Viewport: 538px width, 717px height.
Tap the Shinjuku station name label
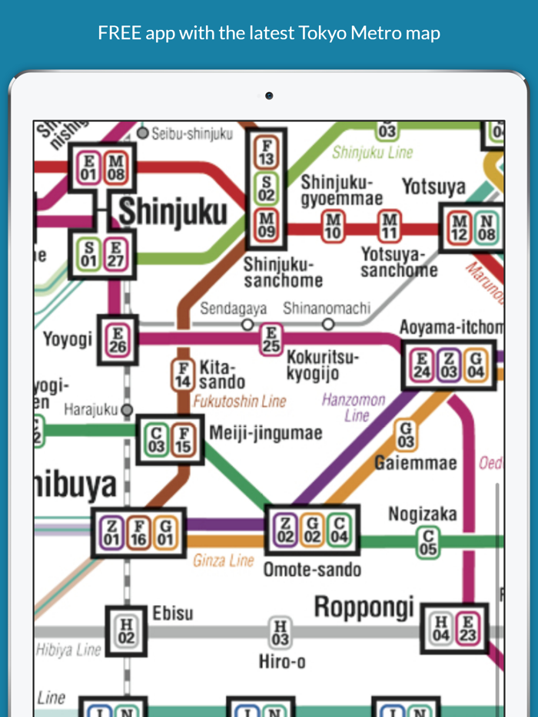pyautogui.click(x=172, y=212)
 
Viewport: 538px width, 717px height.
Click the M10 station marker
pyautogui.click(x=334, y=227)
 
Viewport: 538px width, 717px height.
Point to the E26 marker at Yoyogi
pyautogui.click(x=118, y=340)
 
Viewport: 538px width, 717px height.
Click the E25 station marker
pyautogui.click(x=270, y=338)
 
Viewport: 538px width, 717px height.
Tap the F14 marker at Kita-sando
pyautogui.click(x=182, y=375)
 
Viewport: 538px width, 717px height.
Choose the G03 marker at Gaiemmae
pyautogui.click(x=406, y=435)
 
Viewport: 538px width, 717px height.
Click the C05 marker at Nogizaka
pyautogui.click(x=428, y=542)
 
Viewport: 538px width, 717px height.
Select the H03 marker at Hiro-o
pyautogui.click(x=281, y=633)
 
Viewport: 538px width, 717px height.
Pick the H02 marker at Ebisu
pyautogui.click(x=126, y=631)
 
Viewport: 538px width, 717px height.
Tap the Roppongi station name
pyautogui.click(x=364, y=607)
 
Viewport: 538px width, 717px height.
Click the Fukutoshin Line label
pyautogui.click(x=239, y=401)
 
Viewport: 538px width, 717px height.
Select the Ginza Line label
pyautogui.click(x=224, y=560)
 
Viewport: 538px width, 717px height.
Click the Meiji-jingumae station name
pyautogui.click(x=266, y=434)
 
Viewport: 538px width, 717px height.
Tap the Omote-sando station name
pyautogui.click(x=311, y=570)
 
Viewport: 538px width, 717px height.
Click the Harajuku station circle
pyautogui.click(x=127, y=410)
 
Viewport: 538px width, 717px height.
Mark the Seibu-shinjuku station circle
pyautogui.click(x=142, y=134)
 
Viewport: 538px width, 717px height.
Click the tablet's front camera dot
pyautogui.click(x=269, y=96)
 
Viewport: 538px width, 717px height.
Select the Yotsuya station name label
pyautogui.click(x=433, y=187)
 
